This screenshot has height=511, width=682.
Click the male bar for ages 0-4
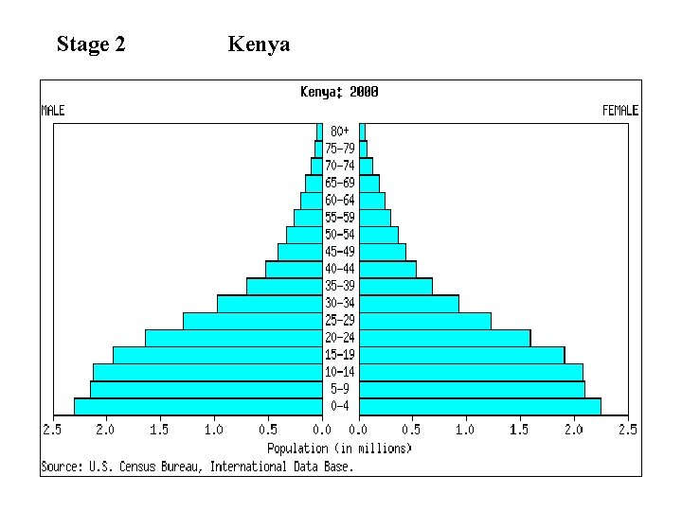pyautogui.click(x=198, y=406)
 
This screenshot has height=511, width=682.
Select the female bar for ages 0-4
pyautogui.click(x=480, y=406)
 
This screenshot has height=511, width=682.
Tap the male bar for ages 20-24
pyautogui.click(x=234, y=338)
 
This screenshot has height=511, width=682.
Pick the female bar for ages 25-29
pyautogui.click(x=425, y=321)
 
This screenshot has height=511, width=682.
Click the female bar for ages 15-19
pyautogui.click(x=462, y=355)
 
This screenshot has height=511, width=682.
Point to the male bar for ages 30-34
pyautogui.click(x=270, y=304)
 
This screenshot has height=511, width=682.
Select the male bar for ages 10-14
pyautogui.click(x=207, y=372)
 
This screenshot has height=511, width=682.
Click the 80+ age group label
pyautogui.click(x=339, y=131)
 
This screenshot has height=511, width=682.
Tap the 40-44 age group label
pyautogui.click(x=340, y=269)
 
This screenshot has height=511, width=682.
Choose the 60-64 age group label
pyautogui.click(x=340, y=200)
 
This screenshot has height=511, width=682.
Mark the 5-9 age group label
pyautogui.click(x=340, y=389)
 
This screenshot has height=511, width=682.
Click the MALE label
pyautogui.click(x=53, y=111)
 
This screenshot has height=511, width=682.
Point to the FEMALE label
pyautogui.click(x=620, y=111)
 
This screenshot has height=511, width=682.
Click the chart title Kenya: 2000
pyautogui.click(x=339, y=92)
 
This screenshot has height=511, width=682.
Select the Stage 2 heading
pyautogui.click(x=91, y=44)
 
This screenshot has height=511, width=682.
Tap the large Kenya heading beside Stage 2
pyautogui.click(x=259, y=44)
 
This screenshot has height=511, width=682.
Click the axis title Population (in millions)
pyautogui.click(x=339, y=448)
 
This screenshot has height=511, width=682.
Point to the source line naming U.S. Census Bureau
pyautogui.click(x=197, y=466)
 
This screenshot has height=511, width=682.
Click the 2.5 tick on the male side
pyautogui.click(x=51, y=430)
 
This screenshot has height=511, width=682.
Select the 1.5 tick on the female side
pyautogui.click(x=519, y=430)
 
